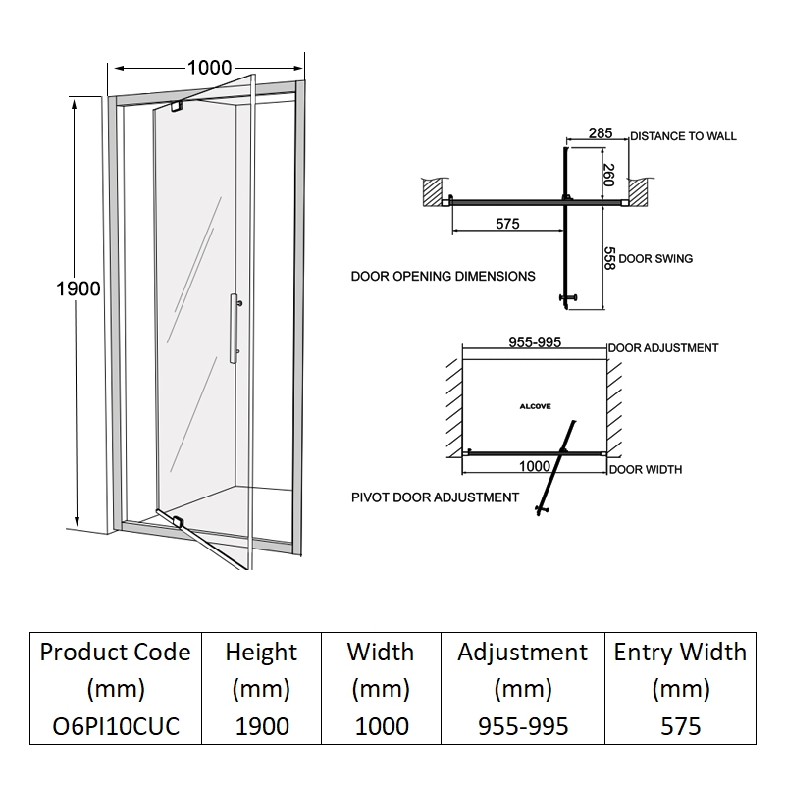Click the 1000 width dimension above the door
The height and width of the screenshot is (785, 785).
(209, 68)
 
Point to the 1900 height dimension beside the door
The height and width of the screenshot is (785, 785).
(78, 288)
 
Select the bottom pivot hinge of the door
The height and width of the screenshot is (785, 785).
(177, 522)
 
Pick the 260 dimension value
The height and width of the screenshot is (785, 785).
(607, 176)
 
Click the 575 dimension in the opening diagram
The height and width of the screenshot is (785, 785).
(506, 224)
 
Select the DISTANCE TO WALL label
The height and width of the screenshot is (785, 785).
(683, 136)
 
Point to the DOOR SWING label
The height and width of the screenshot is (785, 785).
(655, 259)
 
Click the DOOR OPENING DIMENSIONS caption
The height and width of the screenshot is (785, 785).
(444, 277)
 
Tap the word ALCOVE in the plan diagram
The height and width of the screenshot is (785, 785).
(535, 404)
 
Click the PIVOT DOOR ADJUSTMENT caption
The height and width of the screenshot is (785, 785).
(435, 497)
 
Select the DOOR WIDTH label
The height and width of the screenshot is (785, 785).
(645, 470)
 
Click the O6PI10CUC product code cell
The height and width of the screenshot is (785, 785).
(114, 726)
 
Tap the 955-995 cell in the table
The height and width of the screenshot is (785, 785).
(522, 726)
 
